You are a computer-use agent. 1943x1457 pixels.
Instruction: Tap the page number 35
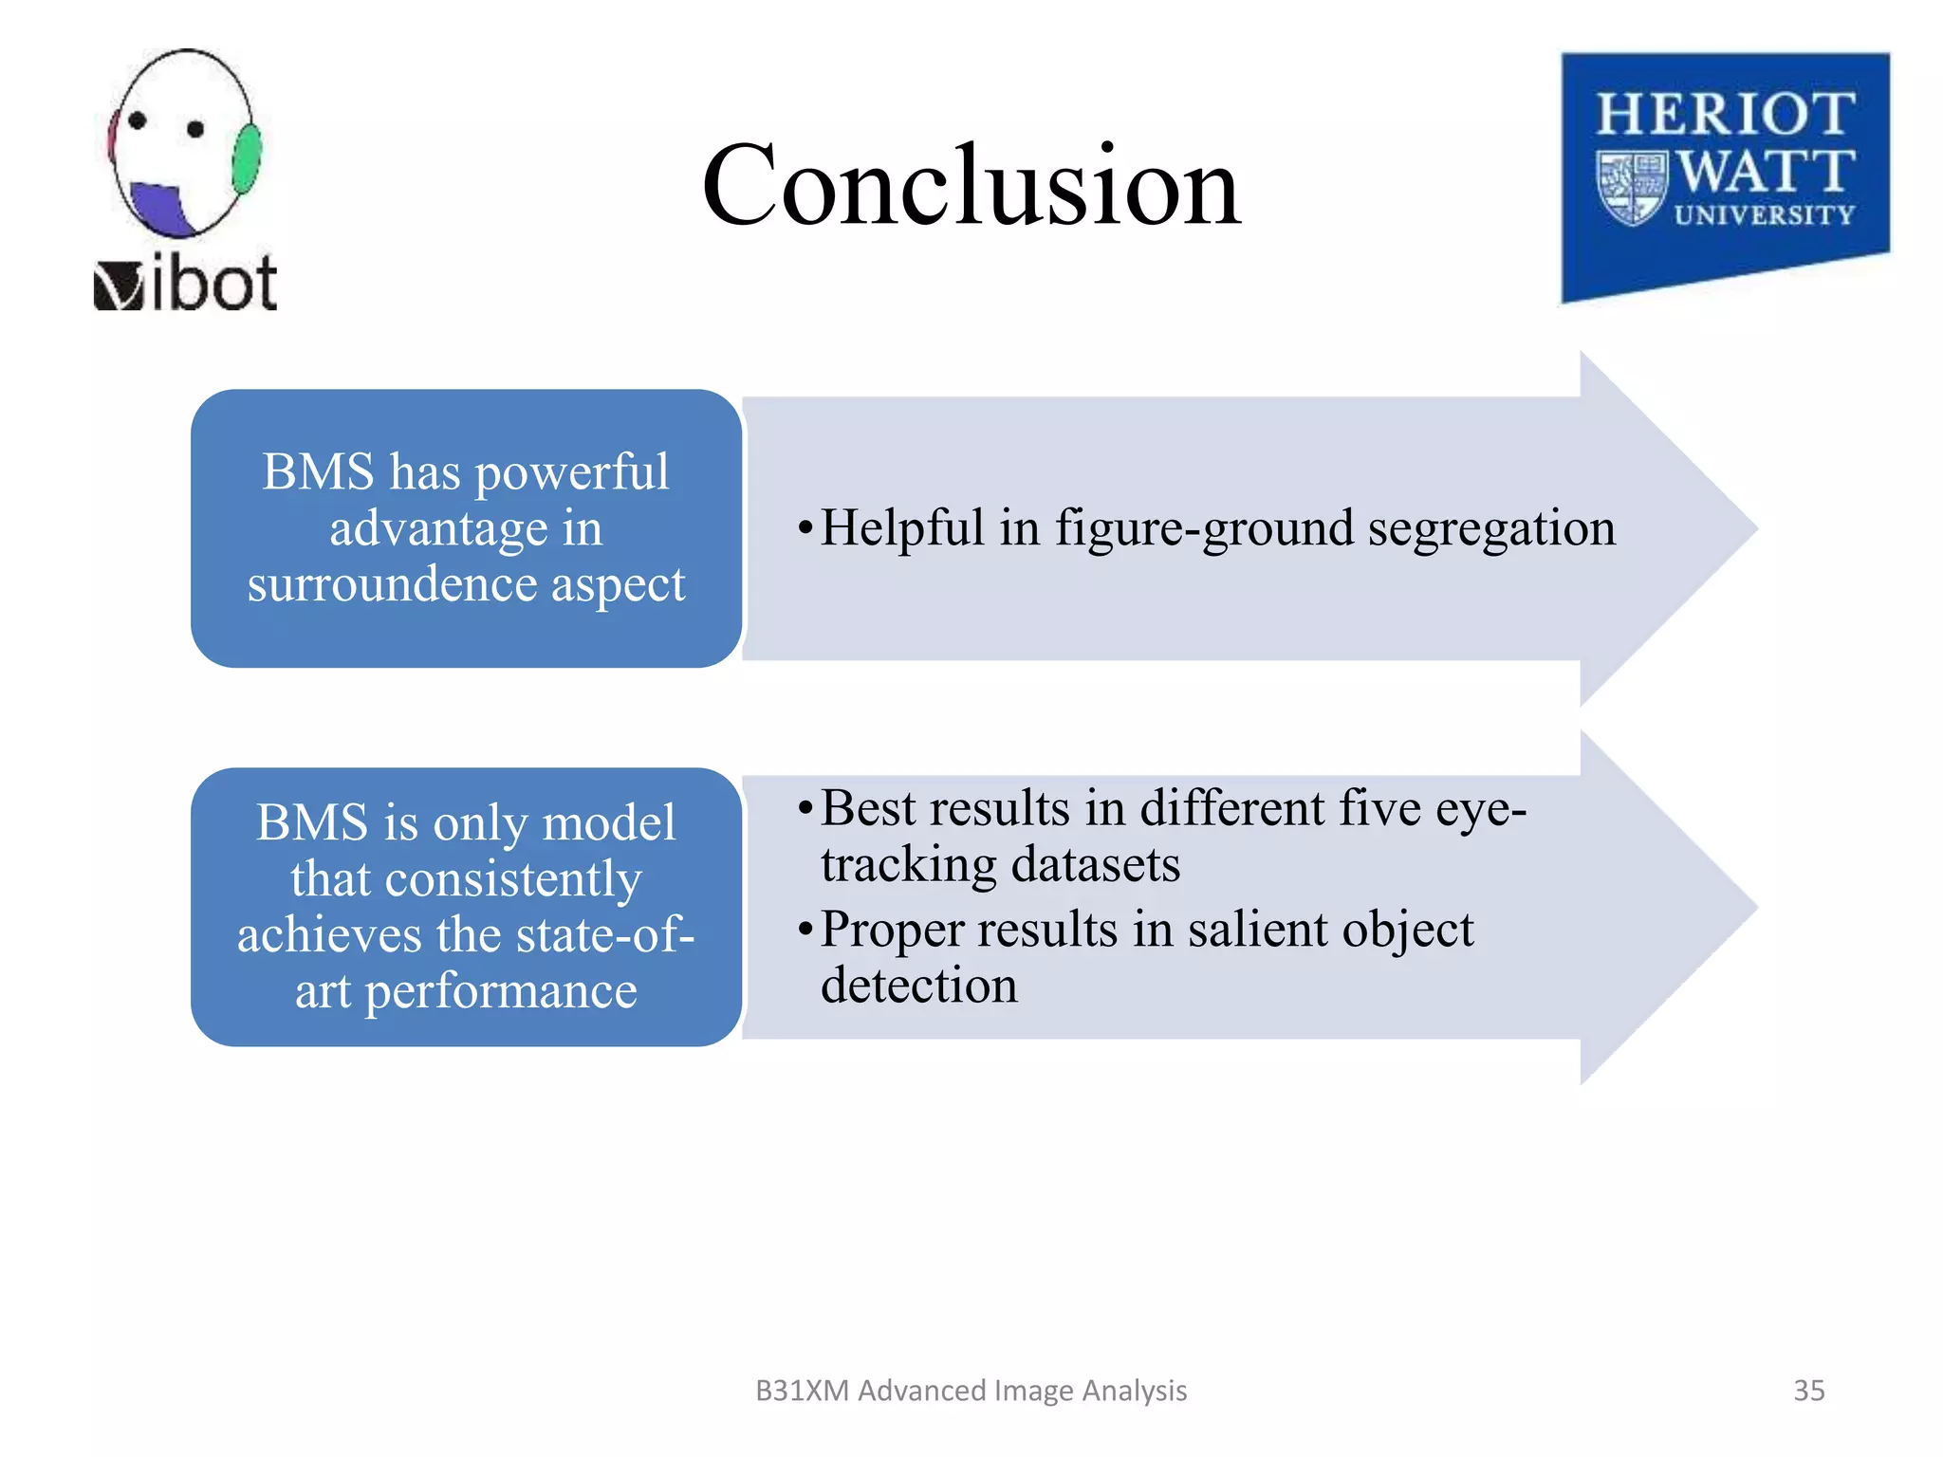click(x=1808, y=1390)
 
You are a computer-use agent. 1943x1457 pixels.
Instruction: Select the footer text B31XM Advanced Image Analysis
click(x=971, y=1390)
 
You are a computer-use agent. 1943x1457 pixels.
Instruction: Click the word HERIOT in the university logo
click(x=1725, y=115)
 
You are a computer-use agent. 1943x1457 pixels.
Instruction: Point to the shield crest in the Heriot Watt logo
click(x=1632, y=187)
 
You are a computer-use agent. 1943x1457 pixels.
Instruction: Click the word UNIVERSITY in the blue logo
click(x=1764, y=215)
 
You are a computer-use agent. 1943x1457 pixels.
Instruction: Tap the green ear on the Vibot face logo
click(x=247, y=158)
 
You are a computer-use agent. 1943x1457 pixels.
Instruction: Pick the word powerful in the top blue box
click(x=571, y=471)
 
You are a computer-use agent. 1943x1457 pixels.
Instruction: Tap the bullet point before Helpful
click(x=805, y=527)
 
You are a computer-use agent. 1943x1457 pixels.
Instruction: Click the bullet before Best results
click(x=805, y=809)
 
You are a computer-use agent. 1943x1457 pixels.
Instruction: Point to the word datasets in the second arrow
click(x=1095, y=864)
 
